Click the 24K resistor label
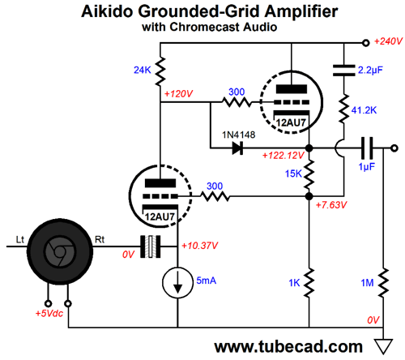[143, 70]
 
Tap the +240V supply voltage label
[388, 41]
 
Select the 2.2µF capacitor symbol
[343, 71]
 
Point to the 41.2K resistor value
[364, 110]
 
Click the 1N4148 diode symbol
[237, 148]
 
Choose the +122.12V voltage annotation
[283, 156]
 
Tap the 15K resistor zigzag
[309, 174]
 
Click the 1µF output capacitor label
[366, 167]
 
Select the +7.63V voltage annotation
[331, 205]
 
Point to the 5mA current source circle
[177, 282]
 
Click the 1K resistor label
[294, 283]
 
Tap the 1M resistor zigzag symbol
[383, 283]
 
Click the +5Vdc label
[49, 313]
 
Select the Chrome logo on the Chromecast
[59, 251]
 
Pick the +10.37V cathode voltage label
[200, 246]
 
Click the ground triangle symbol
[383, 346]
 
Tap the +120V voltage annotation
[178, 94]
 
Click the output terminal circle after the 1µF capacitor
[394, 148]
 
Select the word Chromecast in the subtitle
[205, 27]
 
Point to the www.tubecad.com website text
[288, 346]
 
